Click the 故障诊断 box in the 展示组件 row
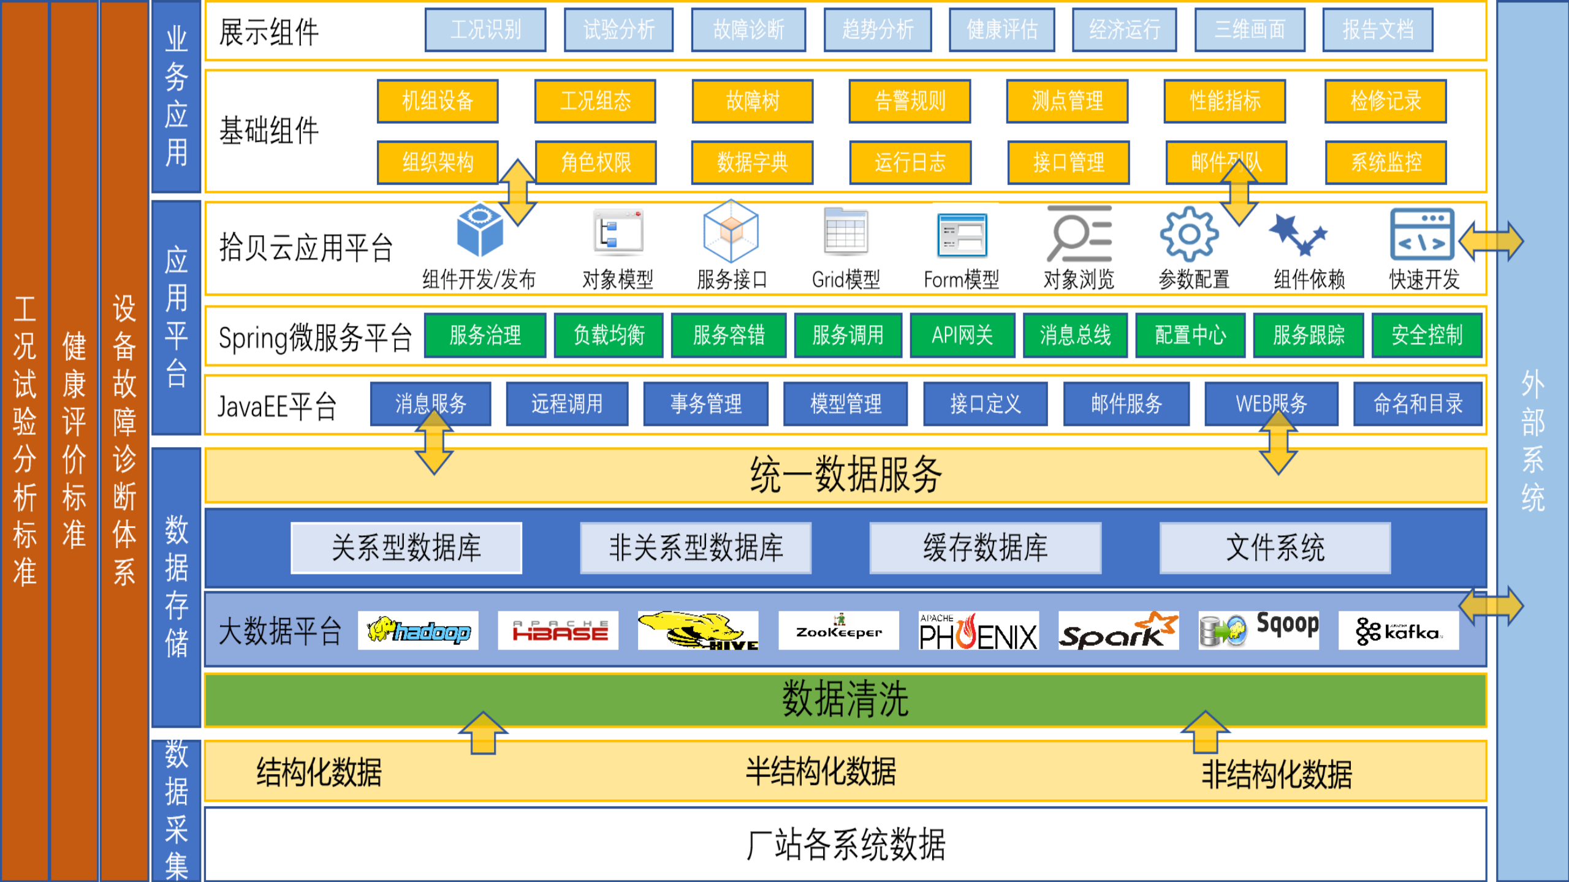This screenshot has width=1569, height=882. pos(748,29)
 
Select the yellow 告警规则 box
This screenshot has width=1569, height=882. pos(910,101)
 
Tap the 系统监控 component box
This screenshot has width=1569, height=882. pos(1386,162)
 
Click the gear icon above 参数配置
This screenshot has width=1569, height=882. pos(1189,235)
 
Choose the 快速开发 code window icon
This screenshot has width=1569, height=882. pos(1422,235)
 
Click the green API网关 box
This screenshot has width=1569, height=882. pos(962,335)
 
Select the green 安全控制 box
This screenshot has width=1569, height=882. pos(1427,335)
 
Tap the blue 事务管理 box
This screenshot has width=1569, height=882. pos(705,404)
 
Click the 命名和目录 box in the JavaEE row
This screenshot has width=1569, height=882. pos(1418,404)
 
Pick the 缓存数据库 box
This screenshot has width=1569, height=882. pos(985,548)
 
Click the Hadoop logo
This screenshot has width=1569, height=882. pos(418,630)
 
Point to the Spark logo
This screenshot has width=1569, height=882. pos(1118,630)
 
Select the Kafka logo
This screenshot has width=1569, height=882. pos(1398,630)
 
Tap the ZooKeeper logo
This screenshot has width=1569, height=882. pos(838,630)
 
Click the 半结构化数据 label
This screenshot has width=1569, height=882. pos(821,772)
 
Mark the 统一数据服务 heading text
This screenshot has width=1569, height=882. pos(845,475)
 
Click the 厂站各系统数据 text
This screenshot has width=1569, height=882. pos(845,845)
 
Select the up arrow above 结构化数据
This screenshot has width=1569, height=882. pos(483,733)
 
